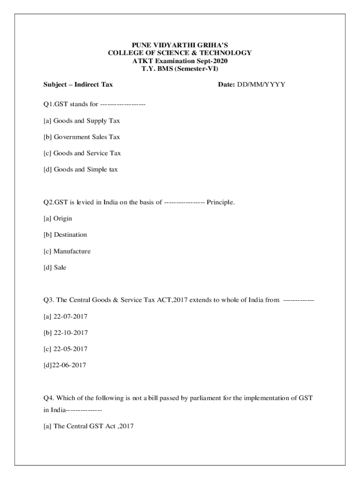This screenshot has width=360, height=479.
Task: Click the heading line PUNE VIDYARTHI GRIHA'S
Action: [x=180, y=45]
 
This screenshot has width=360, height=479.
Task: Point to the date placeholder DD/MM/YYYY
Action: [x=261, y=85]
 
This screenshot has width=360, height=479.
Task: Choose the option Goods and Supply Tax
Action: [x=86, y=121]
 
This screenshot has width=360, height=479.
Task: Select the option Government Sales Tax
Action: [x=86, y=137]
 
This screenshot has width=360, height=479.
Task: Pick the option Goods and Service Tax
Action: [x=87, y=153]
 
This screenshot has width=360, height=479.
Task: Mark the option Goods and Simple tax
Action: [x=86, y=169]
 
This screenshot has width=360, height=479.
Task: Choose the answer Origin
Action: [x=63, y=218]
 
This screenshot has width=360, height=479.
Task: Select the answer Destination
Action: [x=70, y=235]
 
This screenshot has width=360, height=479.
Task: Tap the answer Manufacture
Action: [x=72, y=251]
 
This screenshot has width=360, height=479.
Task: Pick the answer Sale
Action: [x=60, y=268]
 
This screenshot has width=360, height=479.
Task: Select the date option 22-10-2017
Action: [x=70, y=333]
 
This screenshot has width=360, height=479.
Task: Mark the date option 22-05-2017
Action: [x=70, y=349]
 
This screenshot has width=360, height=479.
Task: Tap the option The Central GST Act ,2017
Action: [x=94, y=426]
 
